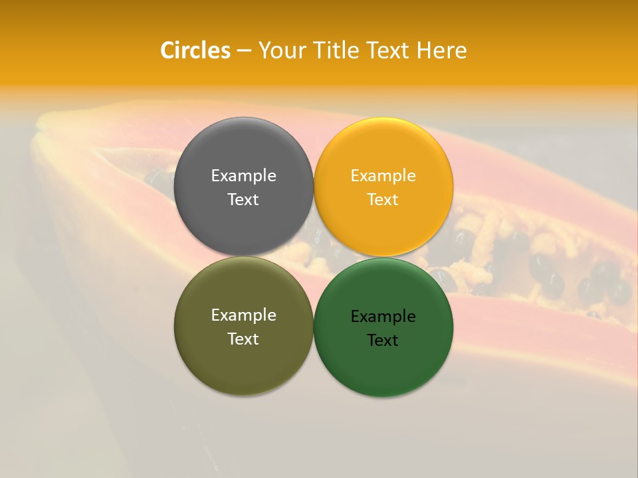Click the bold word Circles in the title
(195, 50)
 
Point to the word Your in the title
(278, 50)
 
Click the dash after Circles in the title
(244, 50)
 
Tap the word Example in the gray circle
(243, 176)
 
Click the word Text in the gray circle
(243, 200)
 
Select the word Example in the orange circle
(383, 176)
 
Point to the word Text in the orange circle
(383, 200)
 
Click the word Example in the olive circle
(243, 315)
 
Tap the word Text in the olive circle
(243, 339)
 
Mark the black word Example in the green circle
(383, 317)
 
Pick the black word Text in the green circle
(383, 341)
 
